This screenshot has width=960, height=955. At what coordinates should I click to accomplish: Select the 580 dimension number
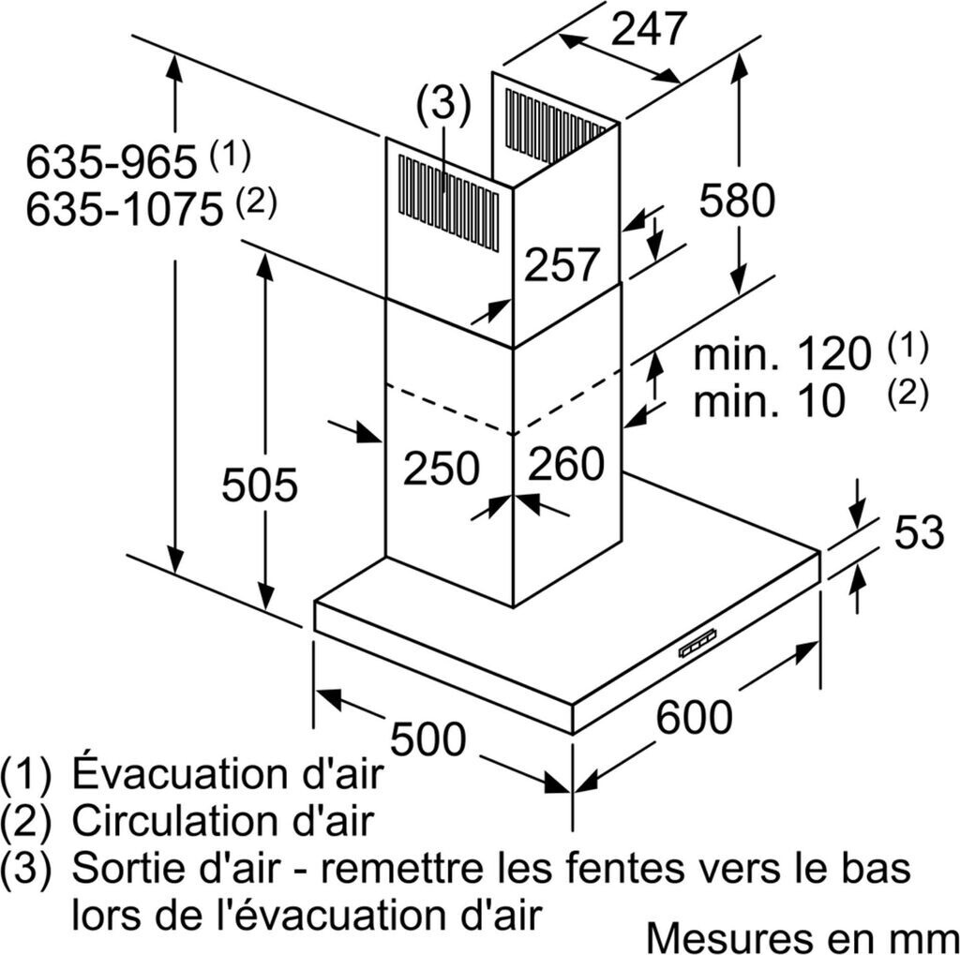[x=738, y=201]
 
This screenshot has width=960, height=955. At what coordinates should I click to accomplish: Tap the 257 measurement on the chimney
[x=561, y=265]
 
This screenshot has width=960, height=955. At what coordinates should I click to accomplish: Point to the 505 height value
[x=260, y=485]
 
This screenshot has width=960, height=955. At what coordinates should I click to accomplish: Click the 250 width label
[x=441, y=468]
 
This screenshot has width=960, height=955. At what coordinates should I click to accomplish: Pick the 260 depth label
[x=566, y=464]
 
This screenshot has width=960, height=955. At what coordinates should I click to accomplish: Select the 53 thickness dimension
[x=918, y=532]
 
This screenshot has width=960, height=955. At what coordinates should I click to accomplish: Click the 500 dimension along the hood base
[x=427, y=739]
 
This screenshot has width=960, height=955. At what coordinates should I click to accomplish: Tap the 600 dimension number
[x=694, y=718]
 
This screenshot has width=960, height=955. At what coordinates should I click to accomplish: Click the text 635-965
[x=111, y=164]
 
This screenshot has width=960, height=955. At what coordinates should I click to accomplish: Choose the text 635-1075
[x=124, y=209]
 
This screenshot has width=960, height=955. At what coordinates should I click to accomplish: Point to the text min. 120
[x=783, y=355]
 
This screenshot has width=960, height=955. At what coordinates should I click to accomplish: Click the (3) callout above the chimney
[x=443, y=105]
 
